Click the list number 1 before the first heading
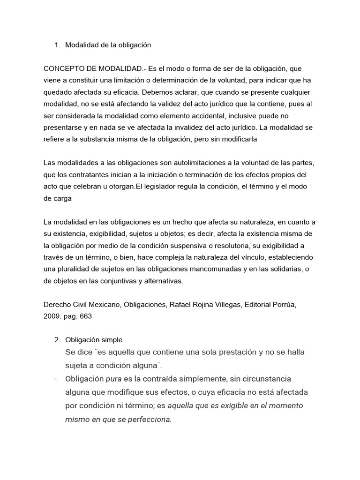(x=56, y=45)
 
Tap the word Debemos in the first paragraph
(x=183, y=92)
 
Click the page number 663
(x=85, y=316)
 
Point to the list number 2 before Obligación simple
(x=57, y=339)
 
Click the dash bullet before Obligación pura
(x=56, y=379)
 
